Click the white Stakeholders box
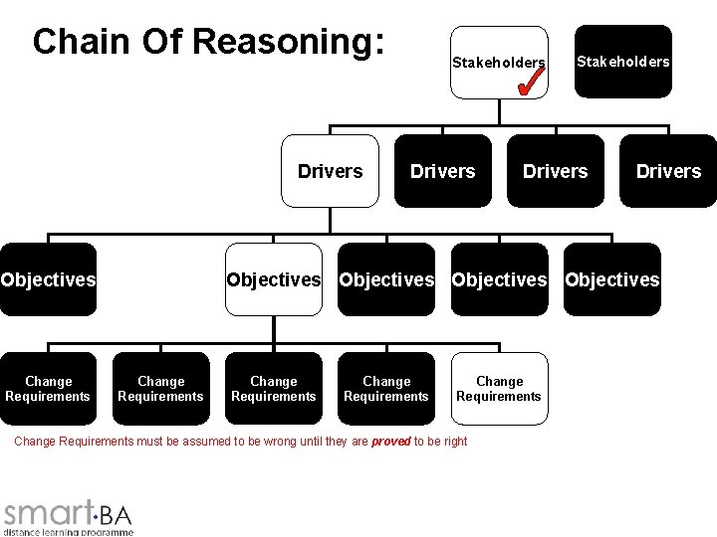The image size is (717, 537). [x=498, y=63]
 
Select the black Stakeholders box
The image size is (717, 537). [x=622, y=62]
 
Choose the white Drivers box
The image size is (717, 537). [x=330, y=171]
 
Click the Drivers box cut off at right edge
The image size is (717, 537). [x=669, y=171]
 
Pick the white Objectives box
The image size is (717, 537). [x=274, y=279]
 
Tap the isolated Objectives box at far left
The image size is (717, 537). [x=48, y=279]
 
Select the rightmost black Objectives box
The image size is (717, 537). [x=611, y=279]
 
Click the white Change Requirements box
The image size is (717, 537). [x=499, y=388]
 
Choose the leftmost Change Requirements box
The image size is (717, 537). [x=48, y=389]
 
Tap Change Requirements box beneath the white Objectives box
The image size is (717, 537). [x=274, y=389]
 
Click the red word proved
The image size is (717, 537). [x=390, y=442]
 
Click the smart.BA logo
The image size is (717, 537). [x=68, y=512]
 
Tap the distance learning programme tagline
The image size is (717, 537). [x=68, y=532]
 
